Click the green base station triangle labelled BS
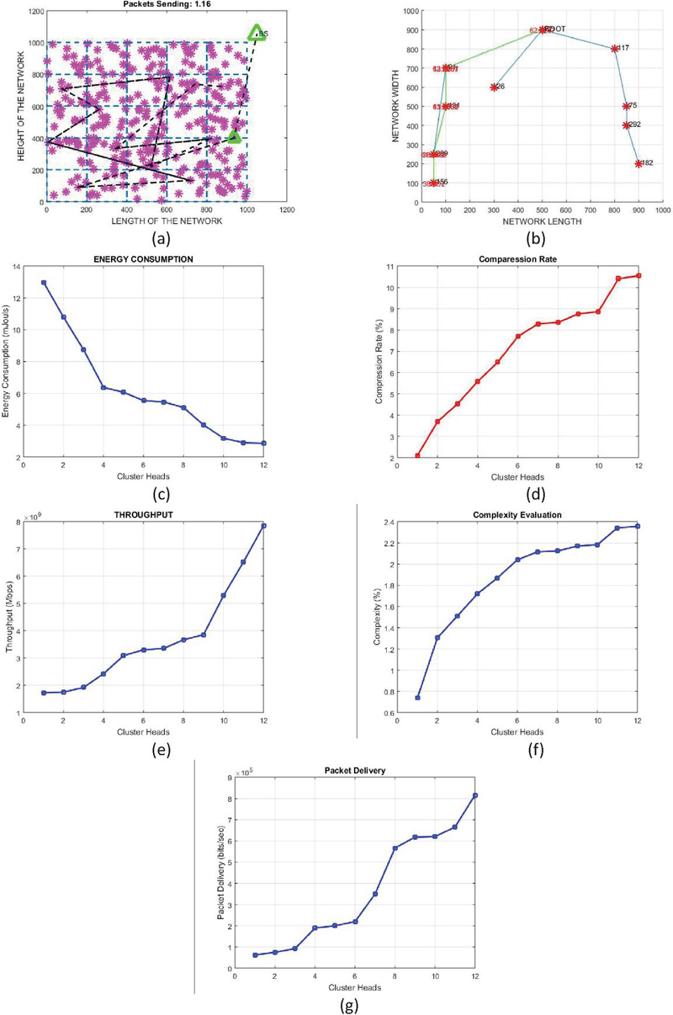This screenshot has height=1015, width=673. tap(257, 33)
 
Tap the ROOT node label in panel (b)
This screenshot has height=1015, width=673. tap(555, 29)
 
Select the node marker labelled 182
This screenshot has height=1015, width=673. tap(639, 163)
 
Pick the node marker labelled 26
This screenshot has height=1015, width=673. tap(494, 87)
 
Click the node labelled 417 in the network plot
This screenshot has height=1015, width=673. tap(615, 49)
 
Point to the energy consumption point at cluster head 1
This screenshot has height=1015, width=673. tap(43, 283)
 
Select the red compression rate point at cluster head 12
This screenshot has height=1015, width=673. tap(639, 275)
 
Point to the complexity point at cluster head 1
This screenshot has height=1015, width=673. tap(417, 697)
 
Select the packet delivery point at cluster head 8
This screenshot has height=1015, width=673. tap(395, 848)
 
